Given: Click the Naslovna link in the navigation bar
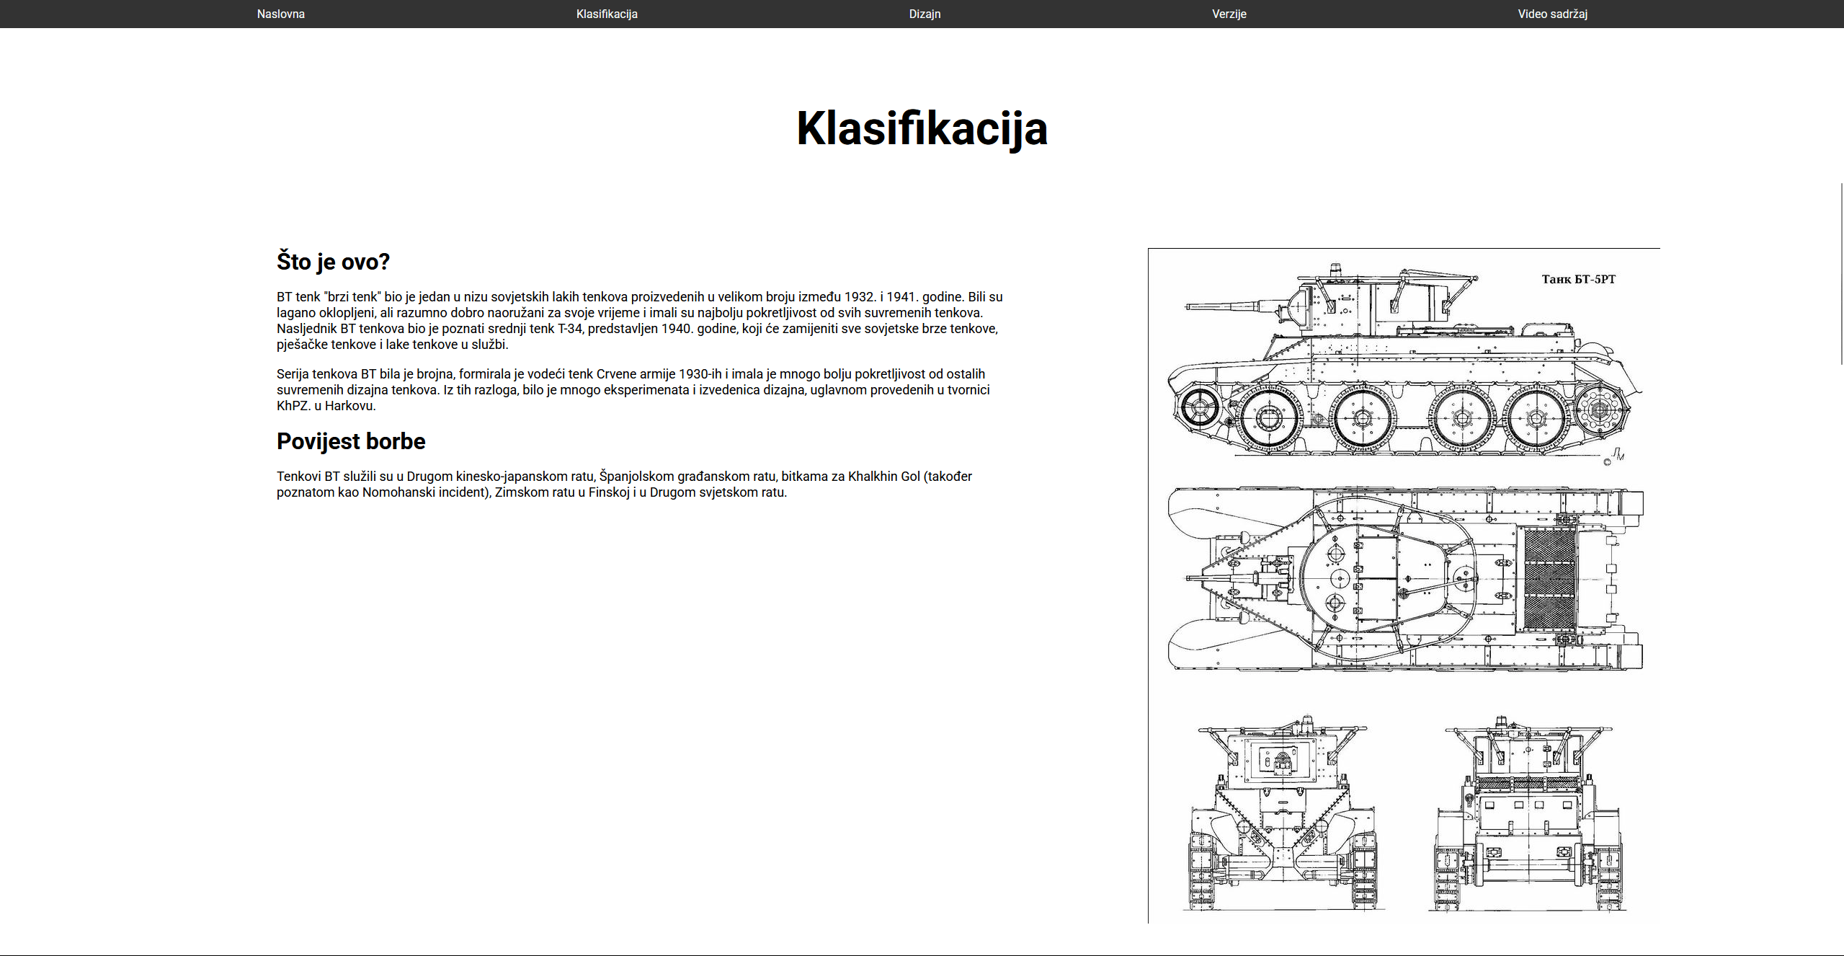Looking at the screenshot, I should pyautogui.click(x=280, y=14).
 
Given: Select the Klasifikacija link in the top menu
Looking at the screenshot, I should pyautogui.click(x=607, y=14).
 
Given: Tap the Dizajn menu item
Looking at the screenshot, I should pyautogui.click(x=925, y=14).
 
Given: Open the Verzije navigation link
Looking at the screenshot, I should pyautogui.click(x=1229, y=14).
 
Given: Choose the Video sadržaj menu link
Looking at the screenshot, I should pyautogui.click(x=1552, y=14).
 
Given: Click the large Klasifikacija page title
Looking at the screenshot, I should pyautogui.click(x=922, y=128).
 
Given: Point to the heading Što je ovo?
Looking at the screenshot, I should pyautogui.click(x=333, y=261).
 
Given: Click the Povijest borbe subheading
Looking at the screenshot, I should pyautogui.click(x=351, y=441).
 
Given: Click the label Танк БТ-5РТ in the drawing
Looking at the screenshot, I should pyautogui.click(x=1578, y=279).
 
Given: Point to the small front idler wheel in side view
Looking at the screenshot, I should pyautogui.click(x=1200, y=408).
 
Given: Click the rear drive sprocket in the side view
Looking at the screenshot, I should pyautogui.click(x=1600, y=410).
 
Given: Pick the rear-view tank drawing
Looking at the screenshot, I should pyautogui.click(x=1528, y=815).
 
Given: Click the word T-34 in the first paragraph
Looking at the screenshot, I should pyautogui.click(x=571, y=329).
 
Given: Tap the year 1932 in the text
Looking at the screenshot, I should pyautogui.click(x=859, y=297).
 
